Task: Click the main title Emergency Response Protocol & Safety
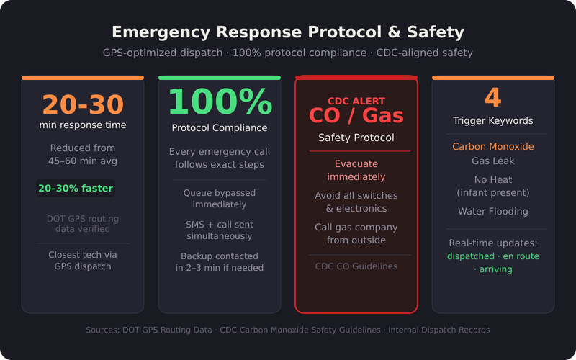coord(288,32)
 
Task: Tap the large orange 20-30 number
coord(83,104)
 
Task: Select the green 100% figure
coord(220,102)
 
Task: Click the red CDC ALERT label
coord(356,102)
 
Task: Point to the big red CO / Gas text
coord(356,115)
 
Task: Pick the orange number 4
coord(493,98)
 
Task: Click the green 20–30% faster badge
coord(76,188)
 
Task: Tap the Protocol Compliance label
coord(220,128)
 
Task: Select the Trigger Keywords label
coord(493,121)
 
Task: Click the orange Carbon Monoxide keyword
coord(493,147)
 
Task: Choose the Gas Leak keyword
coord(493,161)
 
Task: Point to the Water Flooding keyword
coord(493,212)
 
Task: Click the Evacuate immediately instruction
coord(356,171)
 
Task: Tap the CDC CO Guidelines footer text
coord(356,266)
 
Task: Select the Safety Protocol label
coord(356,138)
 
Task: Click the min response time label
coord(83,126)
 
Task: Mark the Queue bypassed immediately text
coord(220,199)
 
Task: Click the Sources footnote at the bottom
coord(288,330)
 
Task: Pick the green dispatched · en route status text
coord(493,256)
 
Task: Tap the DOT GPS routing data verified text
coord(83,224)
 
